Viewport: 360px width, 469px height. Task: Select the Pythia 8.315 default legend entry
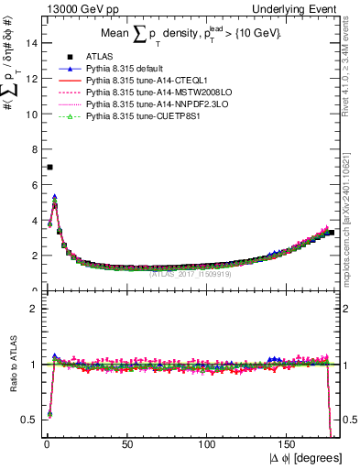pos(123,69)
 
